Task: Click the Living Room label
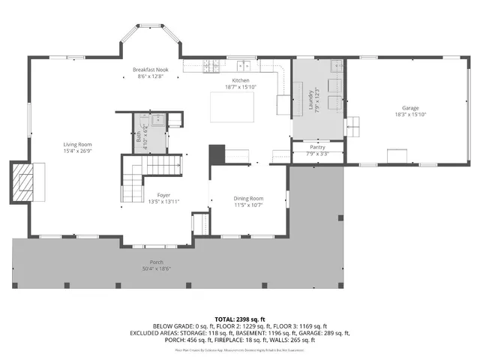point(77,144)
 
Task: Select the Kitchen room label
point(241,80)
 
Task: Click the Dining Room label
point(248,198)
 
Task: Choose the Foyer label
point(163,195)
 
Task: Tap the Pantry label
point(317,148)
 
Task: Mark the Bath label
point(139,131)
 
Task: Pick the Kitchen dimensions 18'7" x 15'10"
point(241,87)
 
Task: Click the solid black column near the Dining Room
point(217,154)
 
